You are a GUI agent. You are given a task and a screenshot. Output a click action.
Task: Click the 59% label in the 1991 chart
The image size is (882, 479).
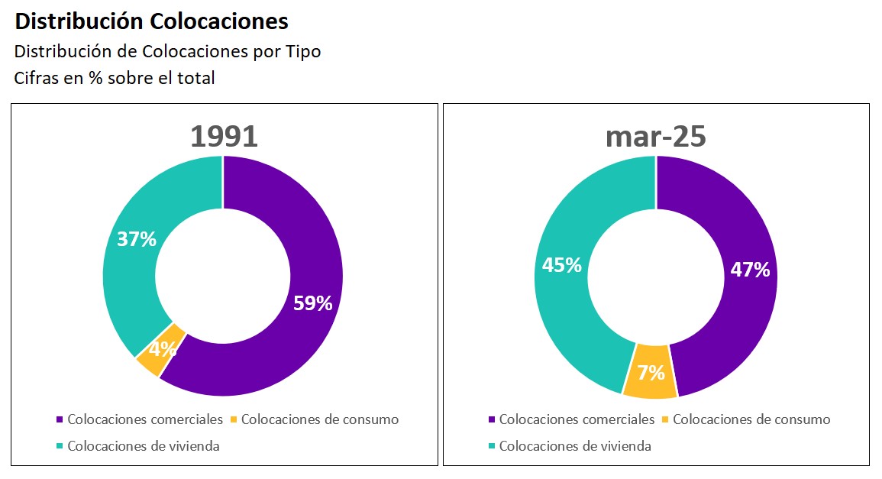[313, 303]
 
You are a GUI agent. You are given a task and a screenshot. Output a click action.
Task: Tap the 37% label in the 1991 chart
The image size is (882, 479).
[137, 239]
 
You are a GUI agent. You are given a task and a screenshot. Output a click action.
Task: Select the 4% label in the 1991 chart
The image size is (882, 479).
[163, 349]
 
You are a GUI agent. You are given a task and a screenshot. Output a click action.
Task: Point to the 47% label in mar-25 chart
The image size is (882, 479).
[750, 270]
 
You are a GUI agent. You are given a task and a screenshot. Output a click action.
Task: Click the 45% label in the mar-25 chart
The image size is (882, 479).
[561, 265]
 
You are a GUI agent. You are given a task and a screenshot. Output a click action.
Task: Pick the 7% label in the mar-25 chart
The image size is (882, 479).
[651, 374]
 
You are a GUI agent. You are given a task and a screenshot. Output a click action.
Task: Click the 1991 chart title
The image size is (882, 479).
[224, 136]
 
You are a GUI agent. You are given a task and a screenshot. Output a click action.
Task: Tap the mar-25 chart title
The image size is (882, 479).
[655, 136]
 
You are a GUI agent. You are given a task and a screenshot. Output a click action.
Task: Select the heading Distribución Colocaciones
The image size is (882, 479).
[151, 21]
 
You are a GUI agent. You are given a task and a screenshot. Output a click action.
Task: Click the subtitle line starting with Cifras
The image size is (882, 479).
[115, 78]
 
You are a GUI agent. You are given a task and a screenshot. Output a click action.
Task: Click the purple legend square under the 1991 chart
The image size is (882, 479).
[60, 419]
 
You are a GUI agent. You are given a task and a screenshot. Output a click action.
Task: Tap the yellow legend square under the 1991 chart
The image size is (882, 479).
[234, 419]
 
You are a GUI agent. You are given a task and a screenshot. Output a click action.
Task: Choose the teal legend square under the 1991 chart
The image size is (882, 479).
[60, 446]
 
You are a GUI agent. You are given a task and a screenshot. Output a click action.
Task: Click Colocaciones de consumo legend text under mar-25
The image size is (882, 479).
[751, 419]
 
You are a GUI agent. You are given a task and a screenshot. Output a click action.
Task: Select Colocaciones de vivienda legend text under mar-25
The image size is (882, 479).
[575, 446]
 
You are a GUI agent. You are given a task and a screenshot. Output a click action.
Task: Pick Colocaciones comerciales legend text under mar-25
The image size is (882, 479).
[577, 419]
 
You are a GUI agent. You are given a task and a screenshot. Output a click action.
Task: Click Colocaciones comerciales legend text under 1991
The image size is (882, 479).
[145, 419]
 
